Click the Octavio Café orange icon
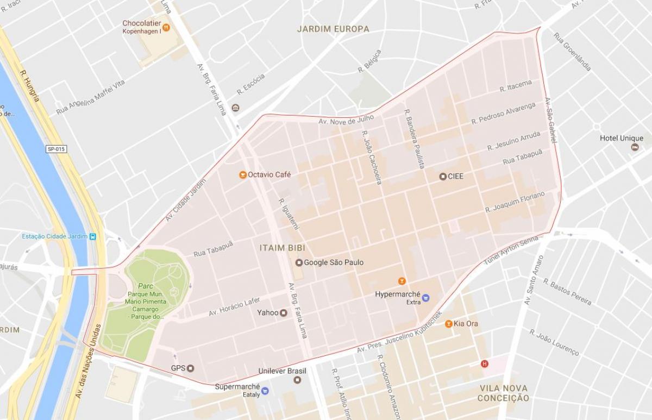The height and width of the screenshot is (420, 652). coord(242,175)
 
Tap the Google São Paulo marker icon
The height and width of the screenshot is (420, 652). coord(298,263)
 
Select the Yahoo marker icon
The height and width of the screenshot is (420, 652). coord(283,313)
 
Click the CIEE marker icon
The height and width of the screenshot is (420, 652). coord(442,177)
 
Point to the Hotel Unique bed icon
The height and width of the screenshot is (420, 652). coord(635,147)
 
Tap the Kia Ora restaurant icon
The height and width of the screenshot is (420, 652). coord(448,324)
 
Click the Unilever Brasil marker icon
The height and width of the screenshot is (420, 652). coord(297,380)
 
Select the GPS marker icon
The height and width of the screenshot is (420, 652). coord(190,368)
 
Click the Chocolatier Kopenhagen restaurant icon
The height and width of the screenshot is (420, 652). coord(166,28)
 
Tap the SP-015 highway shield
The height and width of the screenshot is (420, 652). coord(56,149)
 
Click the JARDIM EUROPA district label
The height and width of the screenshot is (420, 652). coord(333,29)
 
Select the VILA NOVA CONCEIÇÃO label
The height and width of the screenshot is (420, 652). coord(503,393)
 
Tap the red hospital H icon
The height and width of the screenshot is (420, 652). coord(484,363)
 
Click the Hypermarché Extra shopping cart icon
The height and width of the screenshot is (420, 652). coord(425,297)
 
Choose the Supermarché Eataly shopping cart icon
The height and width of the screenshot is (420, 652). coord(265,390)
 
